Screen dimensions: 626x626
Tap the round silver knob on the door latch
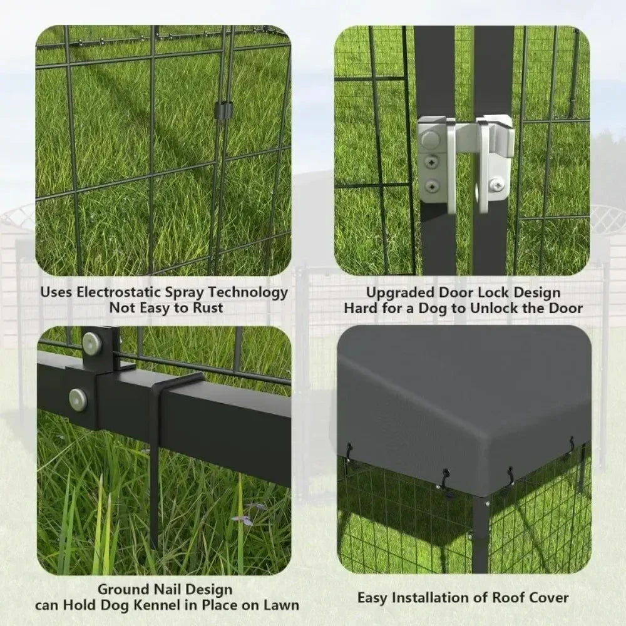[427, 139]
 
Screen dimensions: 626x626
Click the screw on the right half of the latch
[496, 184]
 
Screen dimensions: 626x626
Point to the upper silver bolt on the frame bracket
[92, 342]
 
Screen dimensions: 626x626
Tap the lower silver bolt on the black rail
[78, 399]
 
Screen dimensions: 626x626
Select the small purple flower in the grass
[244, 519]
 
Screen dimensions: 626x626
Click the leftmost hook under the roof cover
[348, 451]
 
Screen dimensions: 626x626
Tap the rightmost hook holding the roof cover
[571, 443]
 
